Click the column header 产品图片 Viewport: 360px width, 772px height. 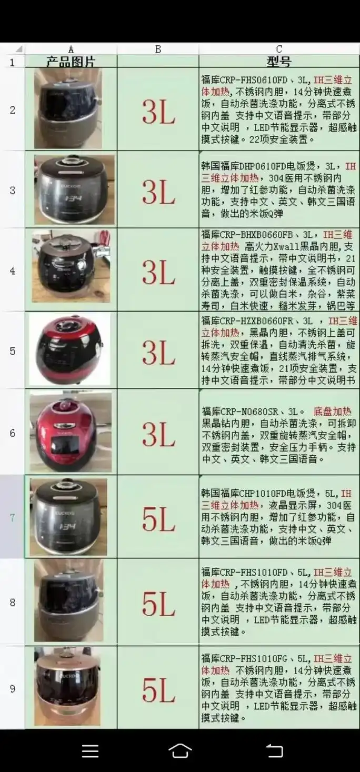click(x=71, y=62)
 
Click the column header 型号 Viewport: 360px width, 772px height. click(x=278, y=62)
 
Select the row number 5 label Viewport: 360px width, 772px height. click(x=13, y=351)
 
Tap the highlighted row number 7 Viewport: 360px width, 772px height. click(x=13, y=517)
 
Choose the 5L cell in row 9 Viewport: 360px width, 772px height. click(x=158, y=688)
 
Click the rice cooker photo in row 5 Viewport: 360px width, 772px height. click(x=70, y=349)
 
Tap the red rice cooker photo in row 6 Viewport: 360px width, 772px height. click(x=71, y=432)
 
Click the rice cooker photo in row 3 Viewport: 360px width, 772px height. click(x=74, y=190)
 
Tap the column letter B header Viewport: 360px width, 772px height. click(x=158, y=49)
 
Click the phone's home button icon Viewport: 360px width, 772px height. click(x=179, y=750)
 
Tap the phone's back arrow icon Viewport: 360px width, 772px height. click(x=274, y=750)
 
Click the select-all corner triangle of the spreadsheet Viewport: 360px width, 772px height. click(x=19, y=49)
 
